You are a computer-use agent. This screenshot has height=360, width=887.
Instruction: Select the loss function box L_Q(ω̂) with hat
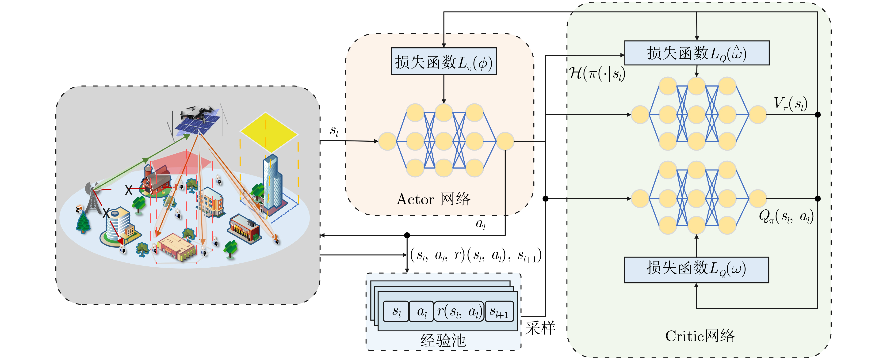(x=697, y=53)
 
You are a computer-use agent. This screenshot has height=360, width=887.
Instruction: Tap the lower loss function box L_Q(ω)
(x=696, y=269)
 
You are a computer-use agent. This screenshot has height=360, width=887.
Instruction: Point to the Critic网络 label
(x=700, y=336)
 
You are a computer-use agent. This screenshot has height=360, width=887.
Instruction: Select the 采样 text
(x=540, y=328)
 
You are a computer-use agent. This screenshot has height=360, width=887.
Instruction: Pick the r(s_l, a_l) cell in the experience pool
(x=459, y=311)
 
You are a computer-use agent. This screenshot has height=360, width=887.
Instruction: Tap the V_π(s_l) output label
(x=790, y=104)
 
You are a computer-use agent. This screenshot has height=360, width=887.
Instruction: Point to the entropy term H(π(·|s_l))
(x=597, y=73)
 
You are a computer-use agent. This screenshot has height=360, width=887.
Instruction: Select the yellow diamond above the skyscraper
(x=269, y=132)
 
